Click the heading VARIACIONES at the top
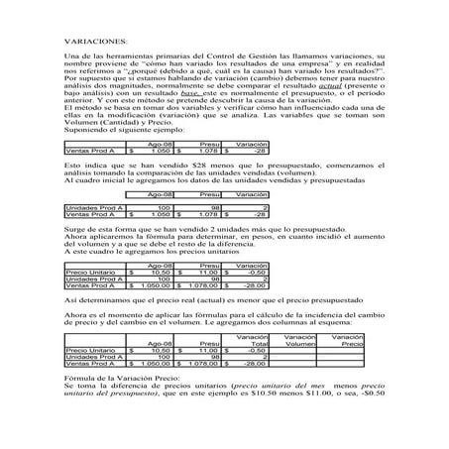pyautogui.click(x=94, y=41)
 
